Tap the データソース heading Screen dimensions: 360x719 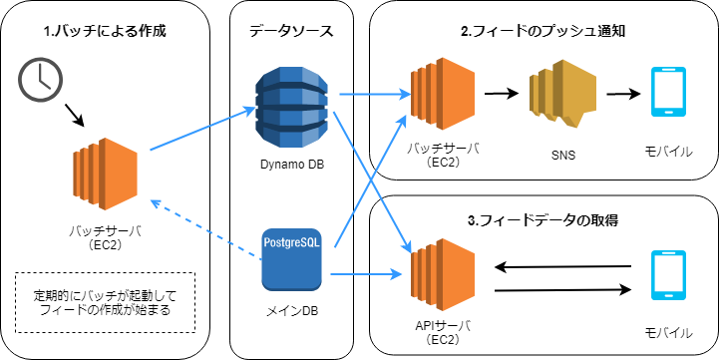tap(291, 31)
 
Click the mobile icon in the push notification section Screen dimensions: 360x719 tap(665, 96)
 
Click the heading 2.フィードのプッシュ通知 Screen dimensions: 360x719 tap(543, 31)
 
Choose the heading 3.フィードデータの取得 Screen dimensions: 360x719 tap(543, 217)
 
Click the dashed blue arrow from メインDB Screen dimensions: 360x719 tap(204, 223)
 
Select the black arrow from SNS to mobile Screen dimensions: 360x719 tap(621, 96)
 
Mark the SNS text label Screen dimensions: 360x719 tap(562, 156)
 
